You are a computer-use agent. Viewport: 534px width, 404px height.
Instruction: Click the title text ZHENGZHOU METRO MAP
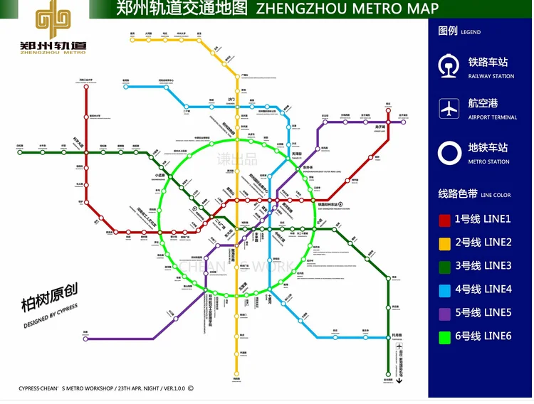coord(346,9)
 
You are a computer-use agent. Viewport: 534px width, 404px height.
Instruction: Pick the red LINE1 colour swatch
coord(444,220)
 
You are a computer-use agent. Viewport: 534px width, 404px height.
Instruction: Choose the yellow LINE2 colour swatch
coord(444,243)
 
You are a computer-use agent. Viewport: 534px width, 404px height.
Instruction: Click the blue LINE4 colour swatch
coord(444,289)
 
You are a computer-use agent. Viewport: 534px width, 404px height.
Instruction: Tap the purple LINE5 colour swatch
coord(444,312)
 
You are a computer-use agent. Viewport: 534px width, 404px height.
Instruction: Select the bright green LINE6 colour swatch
coord(444,336)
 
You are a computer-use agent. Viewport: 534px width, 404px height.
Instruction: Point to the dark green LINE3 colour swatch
coord(444,266)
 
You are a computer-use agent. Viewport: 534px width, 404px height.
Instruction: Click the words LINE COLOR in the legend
coord(496,195)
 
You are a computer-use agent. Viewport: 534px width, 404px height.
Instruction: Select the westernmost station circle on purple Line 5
coord(85,339)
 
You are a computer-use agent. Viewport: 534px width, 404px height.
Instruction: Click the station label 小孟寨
coord(160,175)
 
